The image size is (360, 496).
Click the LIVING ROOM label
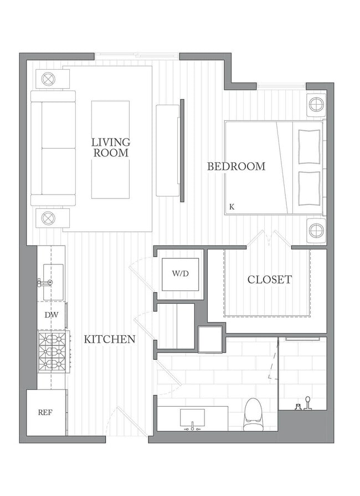tap(111, 147)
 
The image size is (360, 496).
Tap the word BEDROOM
tap(236, 166)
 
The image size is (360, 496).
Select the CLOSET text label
tap(269, 279)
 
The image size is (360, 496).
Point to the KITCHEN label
tap(109, 339)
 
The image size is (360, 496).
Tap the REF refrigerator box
tap(46, 412)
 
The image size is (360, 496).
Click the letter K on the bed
tap(232, 207)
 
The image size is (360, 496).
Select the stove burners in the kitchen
tap(52, 352)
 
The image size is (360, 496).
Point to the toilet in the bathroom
tap(253, 414)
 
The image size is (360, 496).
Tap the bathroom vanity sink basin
tap(192, 418)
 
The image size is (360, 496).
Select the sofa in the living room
tap(53, 148)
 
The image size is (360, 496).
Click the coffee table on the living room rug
tap(110, 149)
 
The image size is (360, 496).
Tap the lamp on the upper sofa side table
tap(49, 79)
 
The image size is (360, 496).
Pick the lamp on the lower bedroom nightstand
tap(316, 228)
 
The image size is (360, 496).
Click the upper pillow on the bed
tap(309, 147)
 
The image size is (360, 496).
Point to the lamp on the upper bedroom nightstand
tap(316, 104)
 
